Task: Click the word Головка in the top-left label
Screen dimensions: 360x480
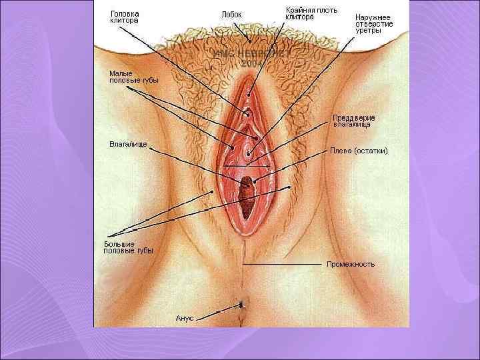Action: pyautogui.click(x=125, y=13)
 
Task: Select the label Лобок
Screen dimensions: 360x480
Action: pyautogui.click(x=231, y=14)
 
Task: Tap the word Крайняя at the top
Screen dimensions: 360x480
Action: pyautogui.click(x=301, y=10)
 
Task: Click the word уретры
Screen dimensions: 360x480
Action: pyautogui.click(x=368, y=31)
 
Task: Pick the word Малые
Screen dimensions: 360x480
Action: pyautogui.click(x=121, y=73)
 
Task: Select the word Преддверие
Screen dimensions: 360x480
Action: pyautogui.click(x=354, y=118)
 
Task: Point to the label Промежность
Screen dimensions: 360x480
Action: pyautogui.click(x=351, y=264)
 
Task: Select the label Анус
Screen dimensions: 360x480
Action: pyautogui.click(x=184, y=318)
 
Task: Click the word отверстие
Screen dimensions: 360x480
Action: pyautogui.click(x=374, y=24)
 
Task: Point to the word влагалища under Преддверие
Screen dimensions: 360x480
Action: pyautogui.click(x=352, y=125)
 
